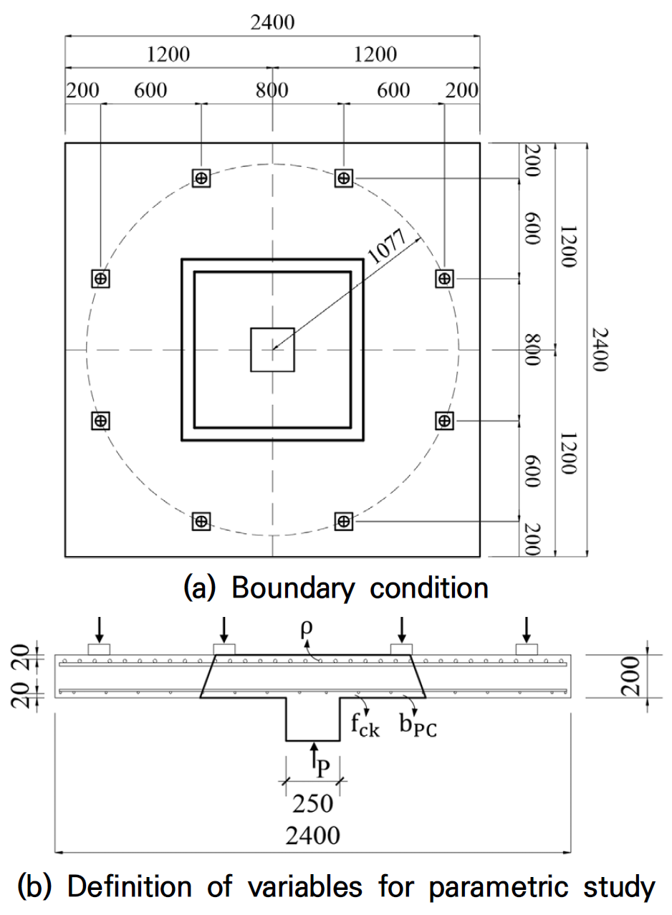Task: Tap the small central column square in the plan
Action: [272, 350]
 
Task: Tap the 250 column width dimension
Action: [313, 804]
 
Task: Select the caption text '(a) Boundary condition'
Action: [336, 588]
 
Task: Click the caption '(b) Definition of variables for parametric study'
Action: [336, 887]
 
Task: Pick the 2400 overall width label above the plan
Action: [272, 22]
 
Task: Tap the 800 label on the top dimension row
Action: [272, 90]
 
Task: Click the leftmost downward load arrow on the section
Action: [100, 628]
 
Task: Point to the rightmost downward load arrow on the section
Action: [527, 628]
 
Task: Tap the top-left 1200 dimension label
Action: [169, 54]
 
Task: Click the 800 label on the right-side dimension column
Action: [531, 350]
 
